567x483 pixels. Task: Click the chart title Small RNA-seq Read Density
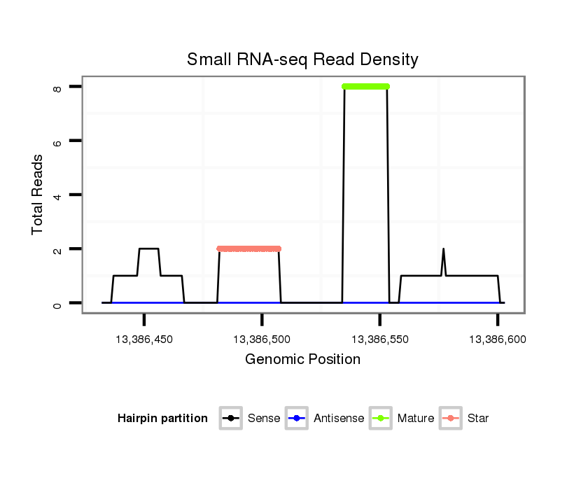302,59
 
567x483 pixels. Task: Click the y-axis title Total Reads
38,195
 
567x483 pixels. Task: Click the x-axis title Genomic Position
302,360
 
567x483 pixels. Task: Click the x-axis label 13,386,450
144,339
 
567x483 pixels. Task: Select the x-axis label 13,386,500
262,339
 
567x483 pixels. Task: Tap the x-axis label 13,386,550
379,339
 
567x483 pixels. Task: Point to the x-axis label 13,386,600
497,339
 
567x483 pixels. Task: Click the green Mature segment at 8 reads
365,86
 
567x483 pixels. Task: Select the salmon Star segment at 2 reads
248,248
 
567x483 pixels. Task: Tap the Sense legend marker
230,419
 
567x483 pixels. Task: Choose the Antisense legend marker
297,419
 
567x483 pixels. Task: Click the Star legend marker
450,419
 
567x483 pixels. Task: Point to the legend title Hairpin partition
162,419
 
